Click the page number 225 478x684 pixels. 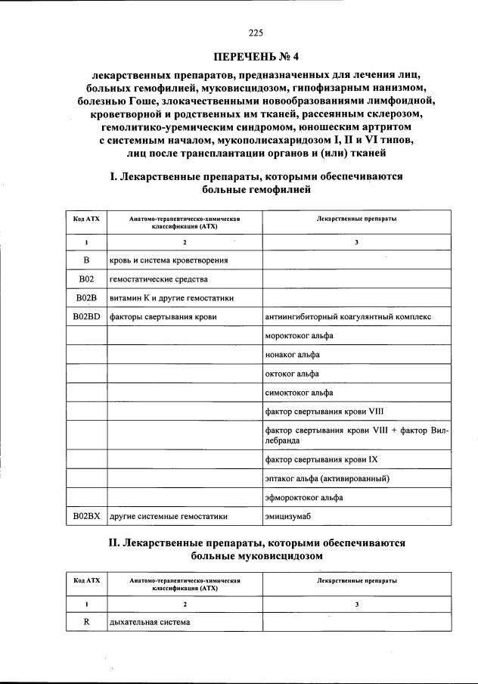click(255, 32)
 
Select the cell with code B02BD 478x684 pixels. click(86, 316)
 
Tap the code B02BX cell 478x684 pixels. click(86, 516)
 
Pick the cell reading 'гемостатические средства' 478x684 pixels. click(154, 279)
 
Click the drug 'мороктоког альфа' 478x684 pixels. click(300, 335)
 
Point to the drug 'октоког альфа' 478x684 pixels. click(292, 374)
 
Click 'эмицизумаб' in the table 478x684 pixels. click(288, 516)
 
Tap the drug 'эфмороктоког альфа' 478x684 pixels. click(304, 498)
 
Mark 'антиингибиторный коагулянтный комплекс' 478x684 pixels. click(348, 316)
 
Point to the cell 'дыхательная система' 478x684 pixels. click(149, 622)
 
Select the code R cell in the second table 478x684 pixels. click(86, 622)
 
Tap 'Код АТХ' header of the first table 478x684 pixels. click(86, 218)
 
